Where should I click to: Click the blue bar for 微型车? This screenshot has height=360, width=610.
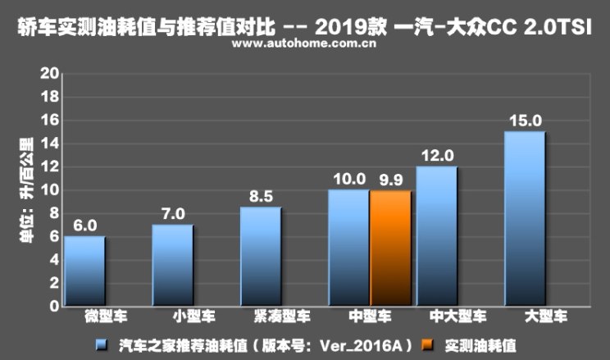click(x=84, y=271)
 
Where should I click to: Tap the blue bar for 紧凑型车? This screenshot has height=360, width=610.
click(x=261, y=257)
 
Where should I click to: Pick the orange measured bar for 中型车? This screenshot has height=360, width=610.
click(x=390, y=248)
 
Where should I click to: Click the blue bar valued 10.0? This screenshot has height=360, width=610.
click(x=348, y=248)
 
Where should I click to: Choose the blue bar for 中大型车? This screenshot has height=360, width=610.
click(x=436, y=237)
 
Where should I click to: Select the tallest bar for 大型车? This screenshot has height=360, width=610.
click(x=525, y=219)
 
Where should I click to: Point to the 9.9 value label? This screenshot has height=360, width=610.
click(x=390, y=180)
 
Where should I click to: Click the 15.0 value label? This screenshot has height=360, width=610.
click(x=525, y=121)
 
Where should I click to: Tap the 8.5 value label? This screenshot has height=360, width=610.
click(x=261, y=197)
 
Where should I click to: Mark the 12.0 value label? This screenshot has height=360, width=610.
click(x=436, y=156)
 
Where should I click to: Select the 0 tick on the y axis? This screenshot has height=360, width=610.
click(x=52, y=307)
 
